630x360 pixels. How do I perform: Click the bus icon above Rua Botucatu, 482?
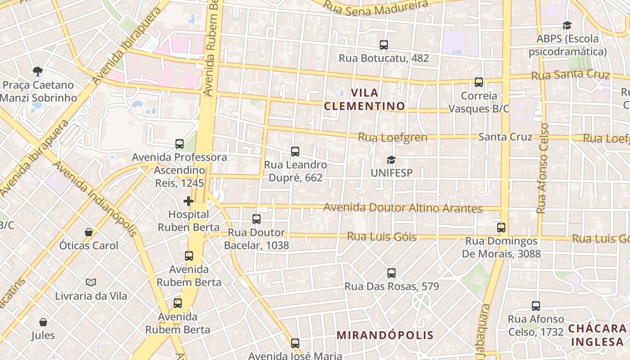point(383,45)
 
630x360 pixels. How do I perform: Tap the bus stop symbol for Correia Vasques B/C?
point(479,82)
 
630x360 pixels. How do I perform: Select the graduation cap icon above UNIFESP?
point(391,160)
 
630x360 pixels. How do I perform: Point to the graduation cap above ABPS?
point(567,25)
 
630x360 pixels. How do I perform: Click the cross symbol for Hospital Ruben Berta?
point(189,201)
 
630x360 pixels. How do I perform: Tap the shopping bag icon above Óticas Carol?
point(89,232)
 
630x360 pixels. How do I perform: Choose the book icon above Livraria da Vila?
point(91,283)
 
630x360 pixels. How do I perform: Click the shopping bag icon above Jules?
point(43,322)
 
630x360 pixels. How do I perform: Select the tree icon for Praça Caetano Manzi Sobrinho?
point(38,71)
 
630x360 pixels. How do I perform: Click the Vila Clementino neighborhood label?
point(364,99)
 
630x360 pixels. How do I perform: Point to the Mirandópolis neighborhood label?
point(385,335)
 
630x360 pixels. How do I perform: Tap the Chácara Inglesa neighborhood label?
point(597,335)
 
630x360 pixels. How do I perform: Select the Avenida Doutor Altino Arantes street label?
point(403,208)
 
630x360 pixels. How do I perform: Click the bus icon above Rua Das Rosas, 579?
point(391,273)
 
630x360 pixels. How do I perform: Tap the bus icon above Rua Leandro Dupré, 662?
point(295,152)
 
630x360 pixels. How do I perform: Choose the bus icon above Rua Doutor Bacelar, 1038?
point(256,219)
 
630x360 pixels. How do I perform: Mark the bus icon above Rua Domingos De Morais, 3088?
point(501,228)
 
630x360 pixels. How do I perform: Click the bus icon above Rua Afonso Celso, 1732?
point(536,306)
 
